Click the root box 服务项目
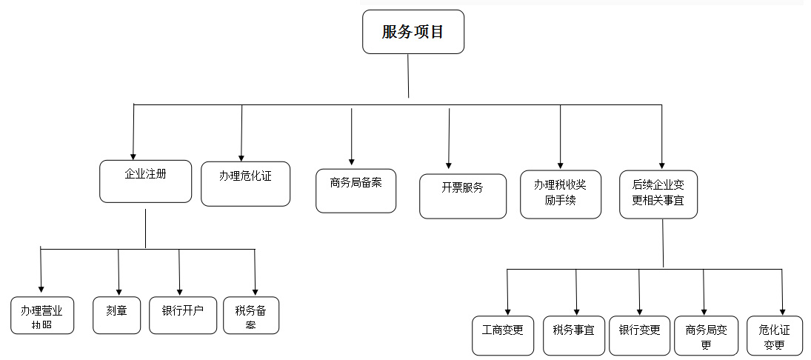click(413, 32)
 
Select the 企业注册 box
click(146, 181)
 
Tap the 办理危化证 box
click(245, 184)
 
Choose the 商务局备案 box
click(356, 191)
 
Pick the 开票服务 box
click(463, 196)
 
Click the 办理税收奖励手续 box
click(560, 194)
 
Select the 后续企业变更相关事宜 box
click(658, 194)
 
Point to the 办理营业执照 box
click(42, 316)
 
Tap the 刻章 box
click(117, 315)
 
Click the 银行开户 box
click(182, 315)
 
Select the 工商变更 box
click(503, 335)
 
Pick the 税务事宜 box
click(574, 335)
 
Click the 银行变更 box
click(640, 335)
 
